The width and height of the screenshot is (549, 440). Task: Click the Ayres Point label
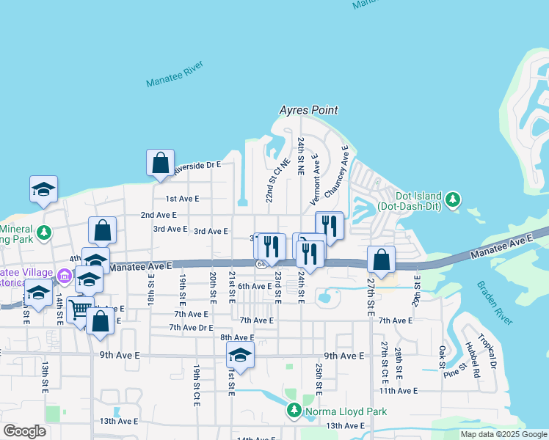click(x=308, y=111)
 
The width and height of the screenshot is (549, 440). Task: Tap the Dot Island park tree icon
click(x=453, y=199)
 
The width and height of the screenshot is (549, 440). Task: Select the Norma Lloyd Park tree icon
click(x=294, y=411)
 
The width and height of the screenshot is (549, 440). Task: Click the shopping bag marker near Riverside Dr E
click(x=160, y=164)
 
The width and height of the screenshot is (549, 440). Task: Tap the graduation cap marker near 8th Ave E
click(x=239, y=356)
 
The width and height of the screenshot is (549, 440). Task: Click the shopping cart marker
click(x=79, y=309)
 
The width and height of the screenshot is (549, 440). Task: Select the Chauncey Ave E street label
click(x=336, y=171)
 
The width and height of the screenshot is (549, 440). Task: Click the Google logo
click(x=24, y=431)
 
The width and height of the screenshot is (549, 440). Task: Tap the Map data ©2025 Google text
click(x=503, y=434)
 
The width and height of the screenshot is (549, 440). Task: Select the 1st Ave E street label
click(x=182, y=199)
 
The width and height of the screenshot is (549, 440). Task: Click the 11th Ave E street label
click(x=399, y=391)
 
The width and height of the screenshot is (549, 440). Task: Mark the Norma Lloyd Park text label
click(x=346, y=412)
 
